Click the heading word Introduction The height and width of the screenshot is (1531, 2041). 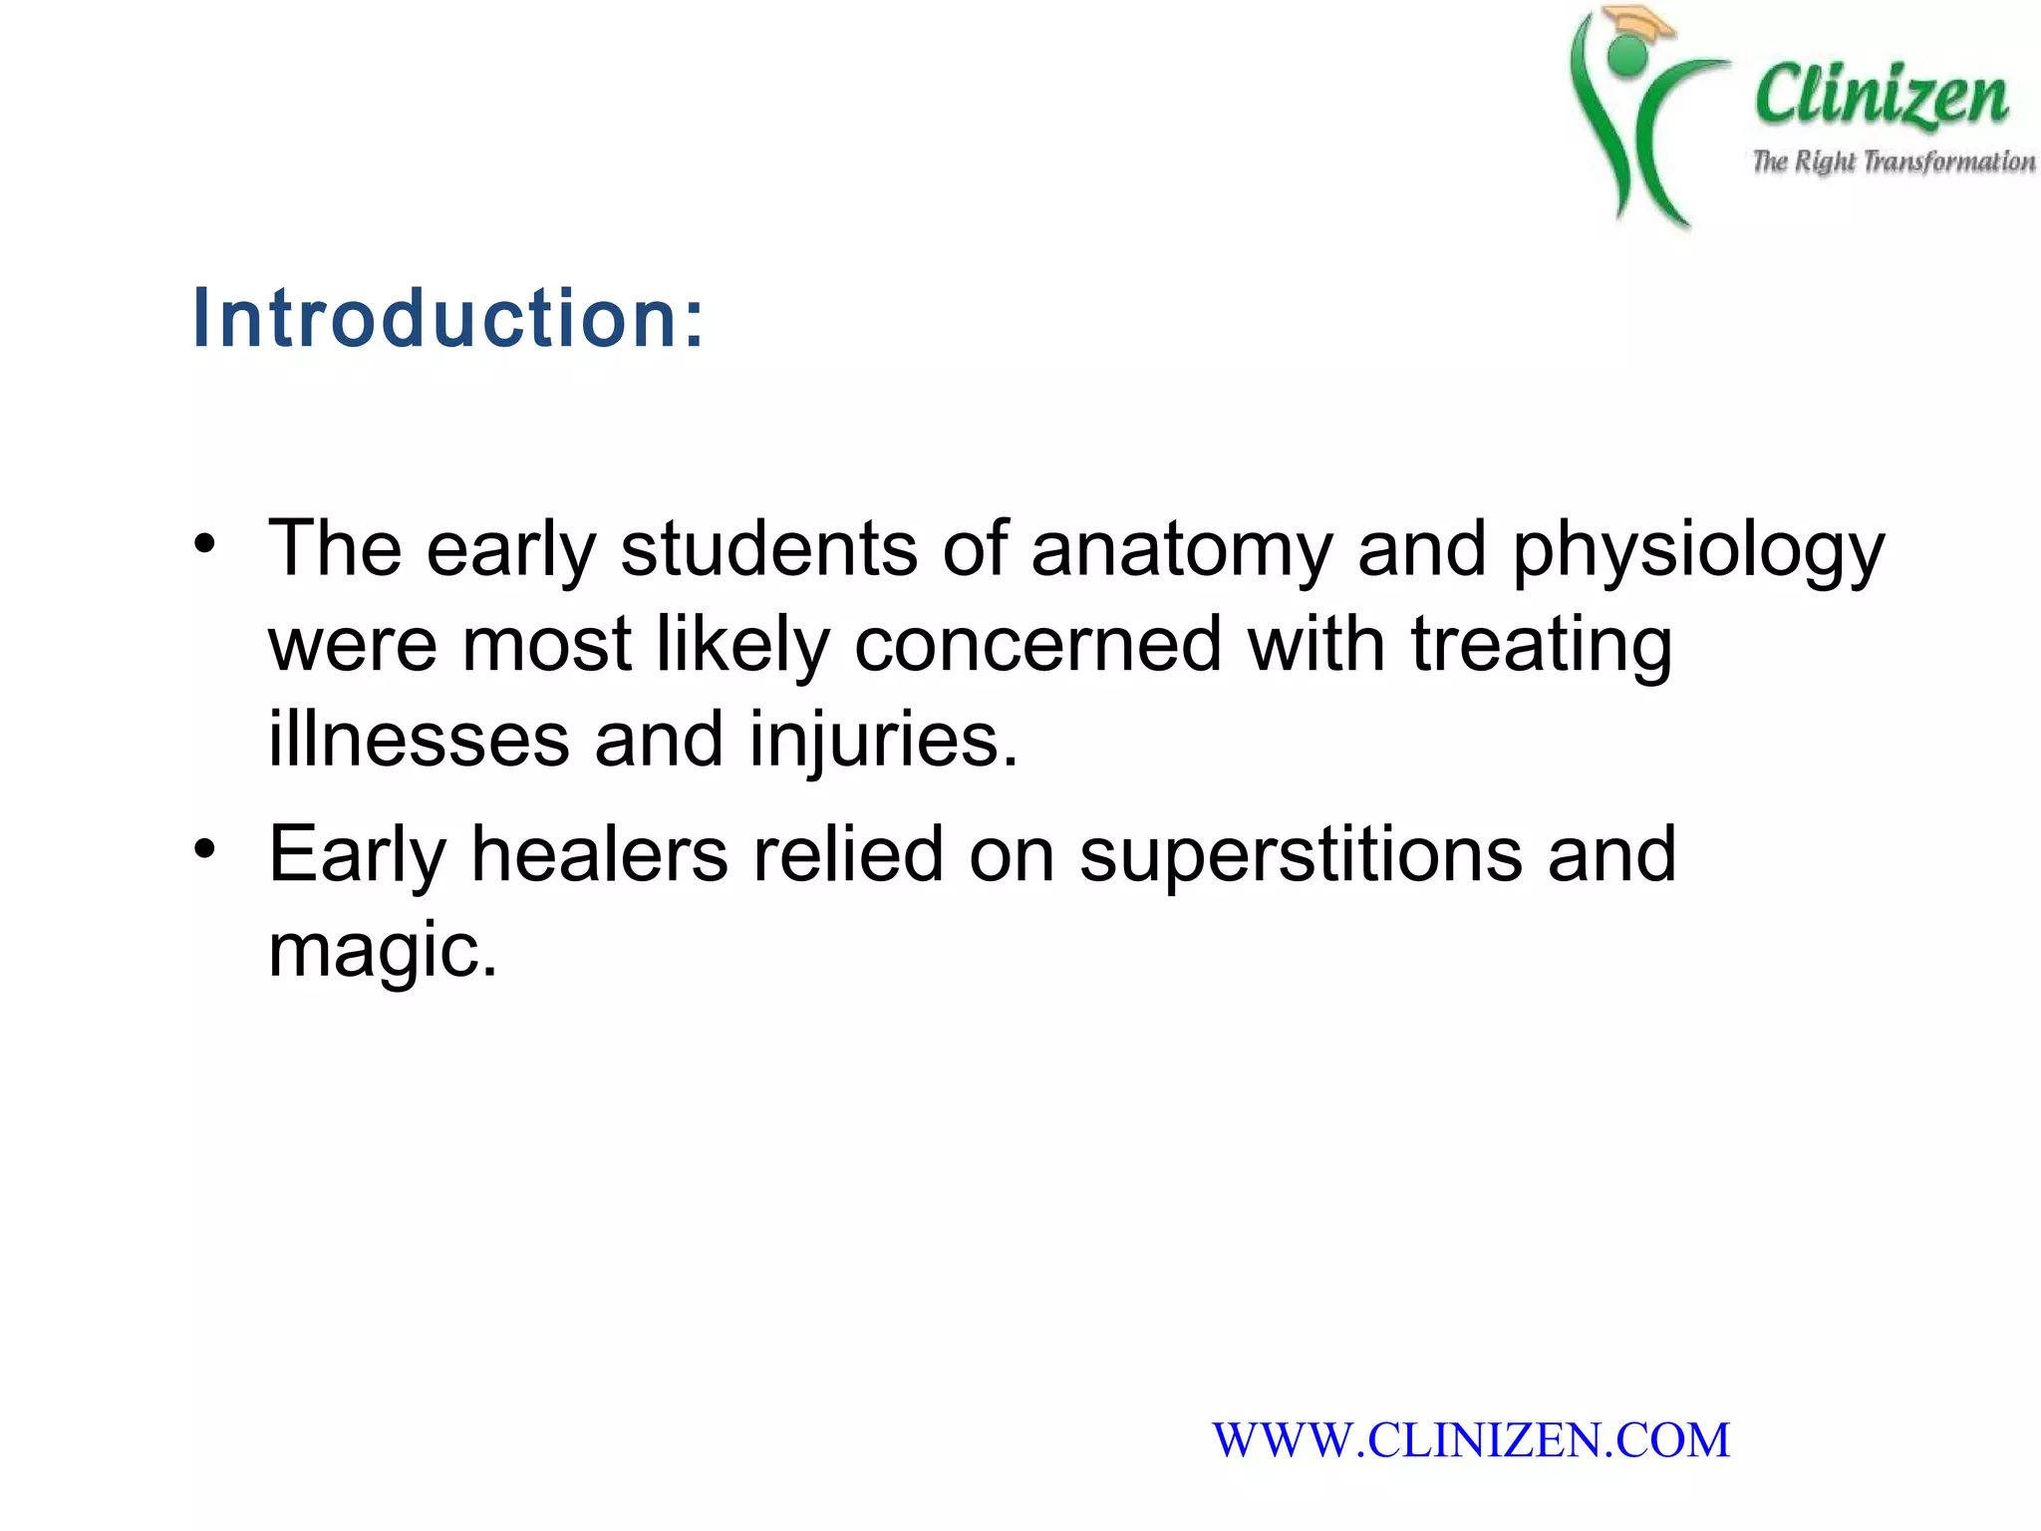click(x=447, y=318)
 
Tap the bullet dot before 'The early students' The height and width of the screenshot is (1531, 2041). click(x=205, y=544)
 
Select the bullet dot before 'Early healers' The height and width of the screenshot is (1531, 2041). click(x=205, y=849)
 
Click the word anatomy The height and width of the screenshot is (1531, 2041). click(x=1181, y=550)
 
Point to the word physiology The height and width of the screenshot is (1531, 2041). click(x=1698, y=550)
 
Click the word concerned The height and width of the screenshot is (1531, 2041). click(x=1037, y=644)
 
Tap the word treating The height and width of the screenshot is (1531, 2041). click(x=1541, y=644)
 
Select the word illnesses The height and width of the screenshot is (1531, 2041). click(x=419, y=740)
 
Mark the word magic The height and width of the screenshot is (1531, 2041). click(x=382, y=951)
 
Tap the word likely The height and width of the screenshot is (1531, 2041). click(x=742, y=644)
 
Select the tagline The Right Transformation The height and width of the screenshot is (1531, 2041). click(x=1894, y=161)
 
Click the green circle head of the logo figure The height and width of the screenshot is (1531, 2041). click(x=1627, y=56)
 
